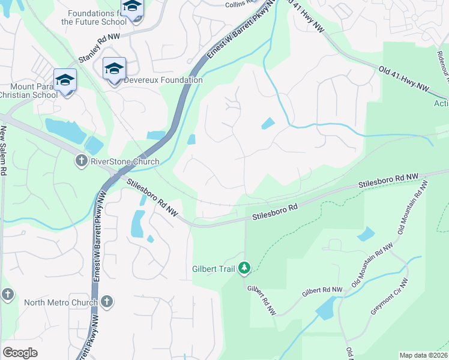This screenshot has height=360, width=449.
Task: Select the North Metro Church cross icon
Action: (x=107, y=301)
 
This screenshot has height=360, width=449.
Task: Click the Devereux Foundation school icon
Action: (x=114, y=70)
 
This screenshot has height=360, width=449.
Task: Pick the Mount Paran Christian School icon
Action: (x=65, y=80)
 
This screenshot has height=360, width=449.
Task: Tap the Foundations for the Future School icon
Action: (x=131, y=8)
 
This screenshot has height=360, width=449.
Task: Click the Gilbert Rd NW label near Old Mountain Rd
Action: (x=322, y=291)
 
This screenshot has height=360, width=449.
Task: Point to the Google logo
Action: (x=20, y=353)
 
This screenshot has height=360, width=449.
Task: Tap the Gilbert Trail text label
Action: (x=214, y=268)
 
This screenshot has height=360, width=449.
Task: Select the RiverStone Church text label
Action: (x=125, y=161)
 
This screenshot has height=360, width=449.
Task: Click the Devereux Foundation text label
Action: (x=164, y=80)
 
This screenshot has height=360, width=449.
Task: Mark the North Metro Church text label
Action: (x=60, y=302)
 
